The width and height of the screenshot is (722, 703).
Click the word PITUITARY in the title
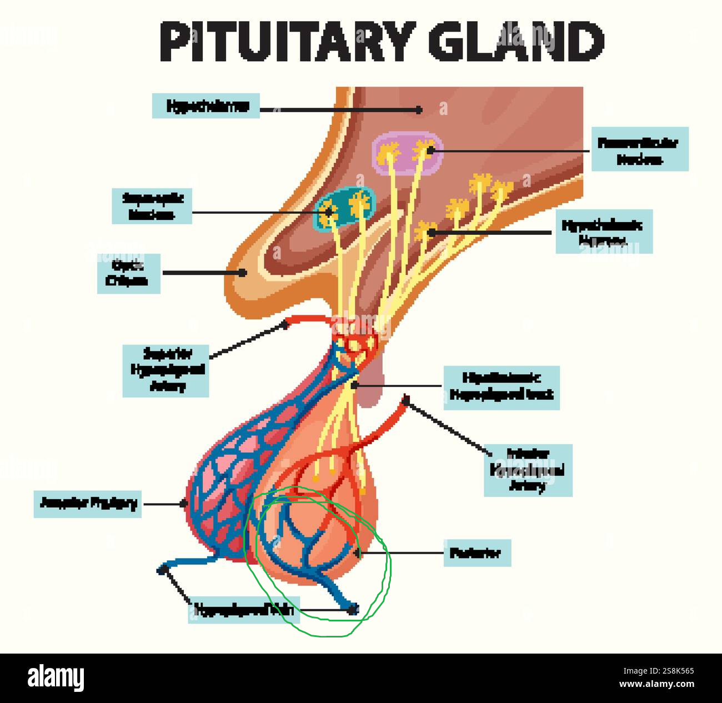click(x=287, y=42)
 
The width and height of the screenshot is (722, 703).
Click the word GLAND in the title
click(x=516, y=42)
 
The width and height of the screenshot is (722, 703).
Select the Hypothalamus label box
click(x=206, y=106)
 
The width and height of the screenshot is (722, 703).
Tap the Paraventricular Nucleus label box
click(x=639, y=149)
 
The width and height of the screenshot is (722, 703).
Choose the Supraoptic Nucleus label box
click(x=152, y=206)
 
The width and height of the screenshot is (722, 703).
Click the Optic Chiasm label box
click(x=128, y=274)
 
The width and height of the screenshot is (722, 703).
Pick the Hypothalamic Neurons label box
click(x=604, y=232)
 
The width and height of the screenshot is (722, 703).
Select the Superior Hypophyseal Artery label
click(x=166, y=370)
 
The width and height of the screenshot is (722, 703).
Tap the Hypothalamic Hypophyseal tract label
click(x=501, y=387)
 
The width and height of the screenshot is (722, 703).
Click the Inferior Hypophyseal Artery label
click(x=528, y=470)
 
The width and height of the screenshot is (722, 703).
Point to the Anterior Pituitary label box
click(x=88, y=503)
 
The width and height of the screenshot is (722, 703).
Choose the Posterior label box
click(x=477, y=553)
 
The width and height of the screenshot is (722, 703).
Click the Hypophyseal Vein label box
click(x=244, y=610)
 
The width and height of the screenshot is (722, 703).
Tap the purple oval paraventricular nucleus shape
click(x=408, y=153)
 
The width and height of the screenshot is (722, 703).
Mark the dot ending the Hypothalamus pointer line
click(x=419, y=110)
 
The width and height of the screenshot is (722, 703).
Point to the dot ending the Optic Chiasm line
click(x=243, y=273)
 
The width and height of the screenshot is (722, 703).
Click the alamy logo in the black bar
click(x=56, y=678)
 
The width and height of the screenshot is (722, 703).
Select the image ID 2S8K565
click(x=666, y=670)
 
